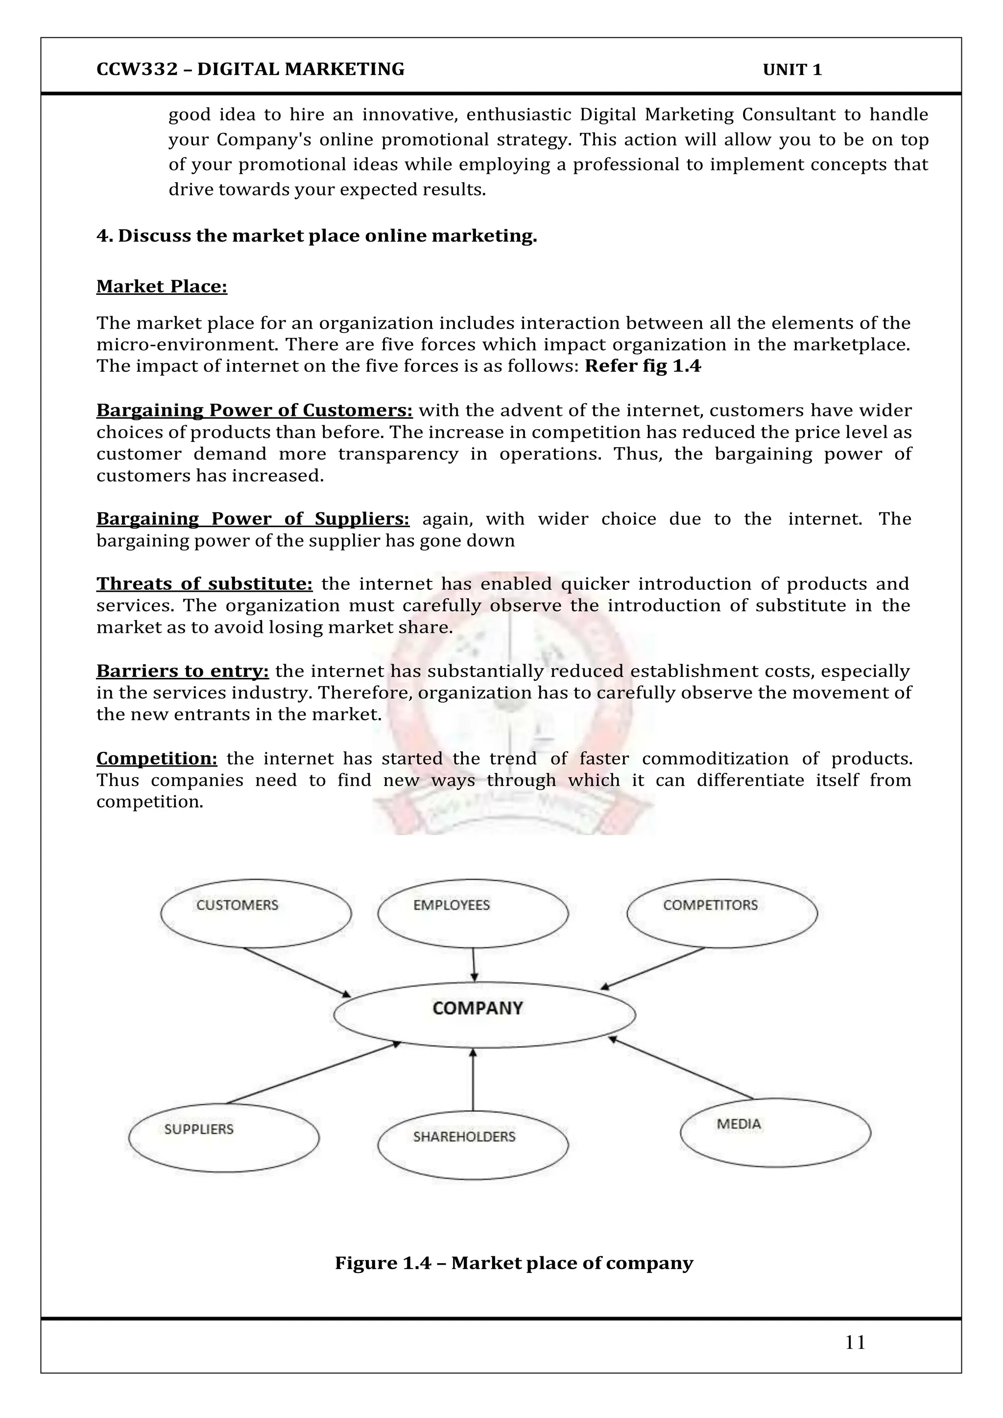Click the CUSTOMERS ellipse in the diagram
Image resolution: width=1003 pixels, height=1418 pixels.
pyautogui.click(x=256, y=913)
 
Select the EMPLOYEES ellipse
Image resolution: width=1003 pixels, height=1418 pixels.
pyautogui.click(x=473, y=913)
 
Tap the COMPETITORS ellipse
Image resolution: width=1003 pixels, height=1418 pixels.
pyautogui.click(x=722, y=913)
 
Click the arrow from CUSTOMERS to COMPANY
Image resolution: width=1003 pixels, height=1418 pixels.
pyautogui.click(x=296, y=972)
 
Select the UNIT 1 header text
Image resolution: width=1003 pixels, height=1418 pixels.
pyautogui.click(x=792, y=70)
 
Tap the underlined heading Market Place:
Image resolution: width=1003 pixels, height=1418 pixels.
pyautogui.click(x=162, y=287)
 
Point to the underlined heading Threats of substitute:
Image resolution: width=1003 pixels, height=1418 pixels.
pyautogui.click(x=204, y=584)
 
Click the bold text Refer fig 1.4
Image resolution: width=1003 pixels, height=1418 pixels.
pyautogui.click(x=643, y=366)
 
